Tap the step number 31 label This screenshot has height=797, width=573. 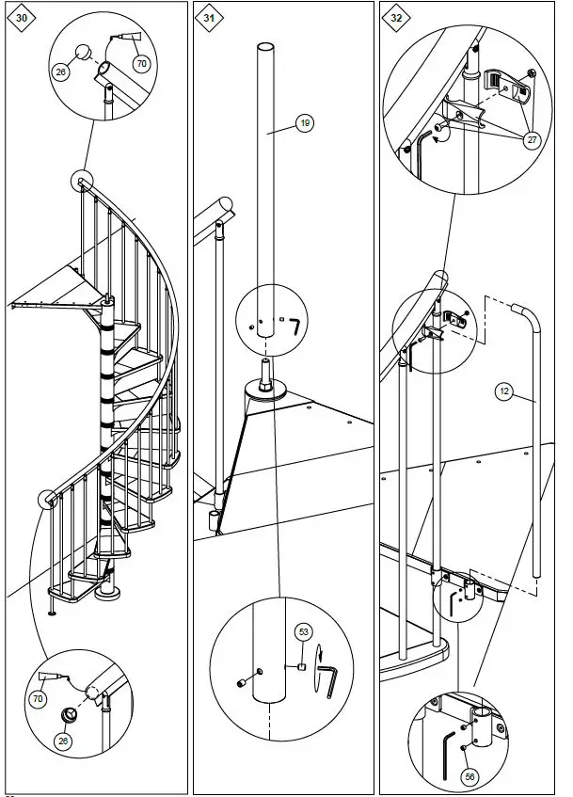coord(207,17)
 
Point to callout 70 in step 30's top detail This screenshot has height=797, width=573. coord(141,64)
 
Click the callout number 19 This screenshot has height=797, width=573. coord(304,123)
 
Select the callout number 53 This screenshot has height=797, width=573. coord(305,631)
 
